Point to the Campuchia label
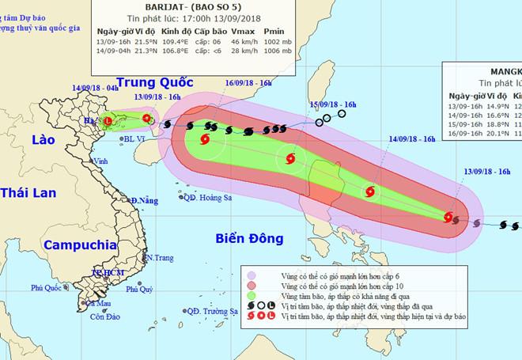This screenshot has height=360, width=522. pos(81,244)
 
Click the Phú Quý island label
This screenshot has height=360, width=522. pos(138,290)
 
